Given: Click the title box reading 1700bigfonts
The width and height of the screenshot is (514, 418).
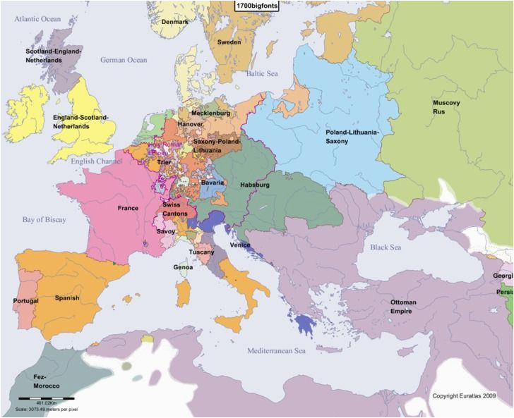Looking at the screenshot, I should [256, 6].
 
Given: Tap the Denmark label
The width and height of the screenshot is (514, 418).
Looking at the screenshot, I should [175, 22].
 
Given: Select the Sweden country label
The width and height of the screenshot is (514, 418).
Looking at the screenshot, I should [228, 42].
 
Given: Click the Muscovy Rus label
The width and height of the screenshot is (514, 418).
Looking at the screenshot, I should [446, 107].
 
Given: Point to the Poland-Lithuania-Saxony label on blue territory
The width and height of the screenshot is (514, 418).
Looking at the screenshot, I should [352, 137].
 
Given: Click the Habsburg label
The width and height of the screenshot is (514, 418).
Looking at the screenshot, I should [255, 185].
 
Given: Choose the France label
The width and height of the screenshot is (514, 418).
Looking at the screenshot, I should [128, 208].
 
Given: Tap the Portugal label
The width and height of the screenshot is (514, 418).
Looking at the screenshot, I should [26, 301].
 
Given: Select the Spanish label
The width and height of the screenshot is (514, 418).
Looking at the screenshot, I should [67, 297].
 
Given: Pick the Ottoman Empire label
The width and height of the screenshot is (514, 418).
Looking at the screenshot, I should [403, 306].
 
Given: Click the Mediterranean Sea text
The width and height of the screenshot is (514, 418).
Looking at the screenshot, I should [276, 350].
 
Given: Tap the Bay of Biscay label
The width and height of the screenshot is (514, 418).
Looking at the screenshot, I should [44, 220].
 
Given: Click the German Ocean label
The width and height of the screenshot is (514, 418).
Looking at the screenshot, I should [124, 60].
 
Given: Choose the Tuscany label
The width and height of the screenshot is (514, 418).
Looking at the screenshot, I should [201, 252].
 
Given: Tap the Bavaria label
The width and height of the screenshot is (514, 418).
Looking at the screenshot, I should [213, 183].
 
